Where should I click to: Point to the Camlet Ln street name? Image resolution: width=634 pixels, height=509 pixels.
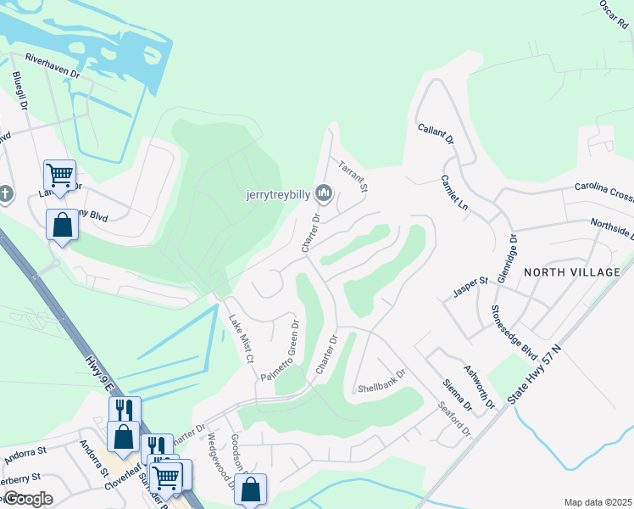pos(454,193)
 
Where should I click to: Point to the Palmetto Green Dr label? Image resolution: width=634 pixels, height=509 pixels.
pos(280,350)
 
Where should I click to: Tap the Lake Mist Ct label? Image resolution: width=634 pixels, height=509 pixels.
pos(242,338)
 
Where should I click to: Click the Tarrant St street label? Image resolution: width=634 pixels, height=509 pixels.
pos(352,176)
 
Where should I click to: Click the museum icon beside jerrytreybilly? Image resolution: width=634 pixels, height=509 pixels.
pos(323,194)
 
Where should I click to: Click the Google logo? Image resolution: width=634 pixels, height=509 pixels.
pos(27,499)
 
